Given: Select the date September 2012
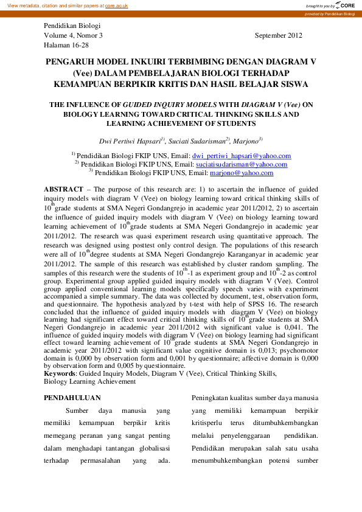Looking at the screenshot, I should click(x=278, y=36).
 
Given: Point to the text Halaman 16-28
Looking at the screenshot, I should click(x=66, y=46).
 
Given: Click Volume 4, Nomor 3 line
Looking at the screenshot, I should click(x=74, y=36).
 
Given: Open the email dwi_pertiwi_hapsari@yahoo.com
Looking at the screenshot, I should click(x=242, y=156).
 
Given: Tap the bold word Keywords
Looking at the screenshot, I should click(x=59, y=374).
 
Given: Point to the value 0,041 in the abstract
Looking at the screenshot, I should click(x=307, y=327).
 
